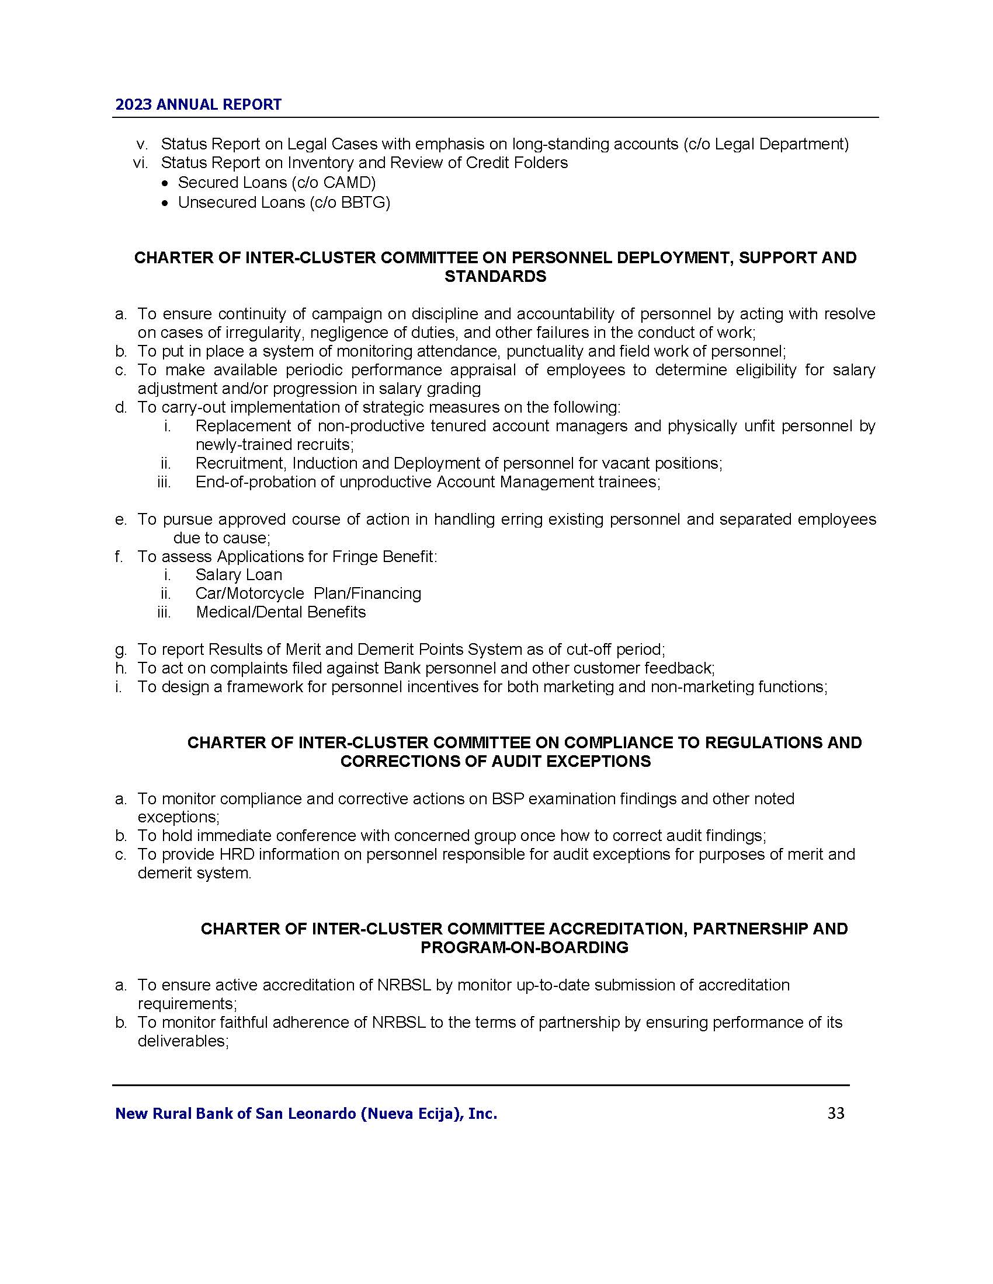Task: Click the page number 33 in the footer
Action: point(835,1113)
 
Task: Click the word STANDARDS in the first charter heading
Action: point(495,276)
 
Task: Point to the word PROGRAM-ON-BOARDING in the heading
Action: point(524,947)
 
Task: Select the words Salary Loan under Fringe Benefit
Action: point(239,574)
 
